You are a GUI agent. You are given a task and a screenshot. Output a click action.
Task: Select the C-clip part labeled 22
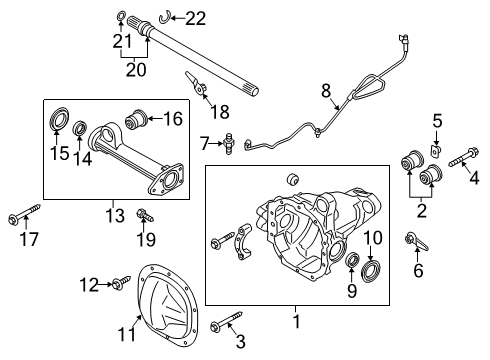(x=169, y=17)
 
